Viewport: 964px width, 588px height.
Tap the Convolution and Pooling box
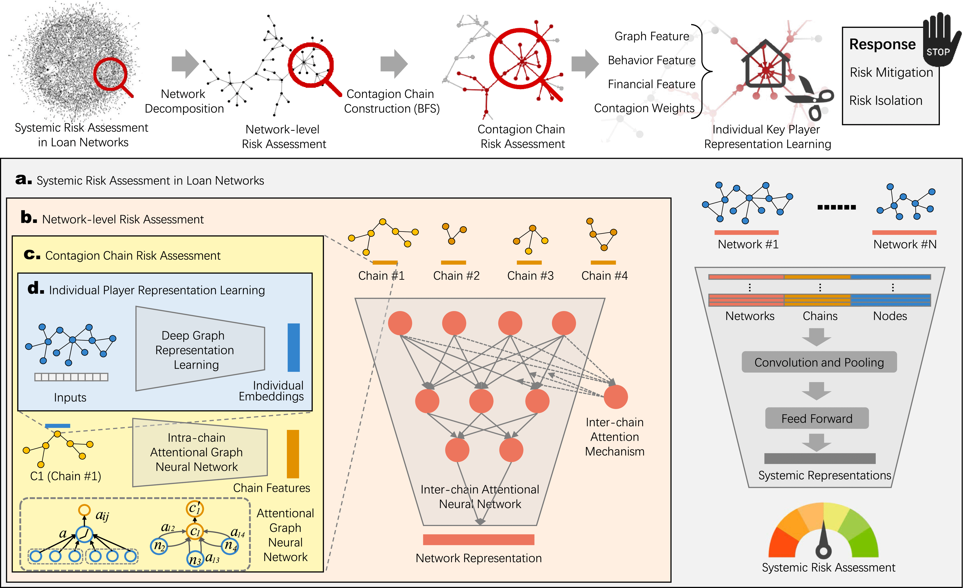819,362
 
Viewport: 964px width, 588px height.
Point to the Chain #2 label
456,276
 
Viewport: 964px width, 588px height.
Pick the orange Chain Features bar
293,454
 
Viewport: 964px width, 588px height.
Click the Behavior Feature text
651,60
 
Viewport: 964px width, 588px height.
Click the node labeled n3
195,559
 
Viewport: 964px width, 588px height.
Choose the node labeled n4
230,545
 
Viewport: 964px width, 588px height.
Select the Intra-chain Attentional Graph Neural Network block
200,452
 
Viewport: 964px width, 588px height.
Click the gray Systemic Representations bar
820,458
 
